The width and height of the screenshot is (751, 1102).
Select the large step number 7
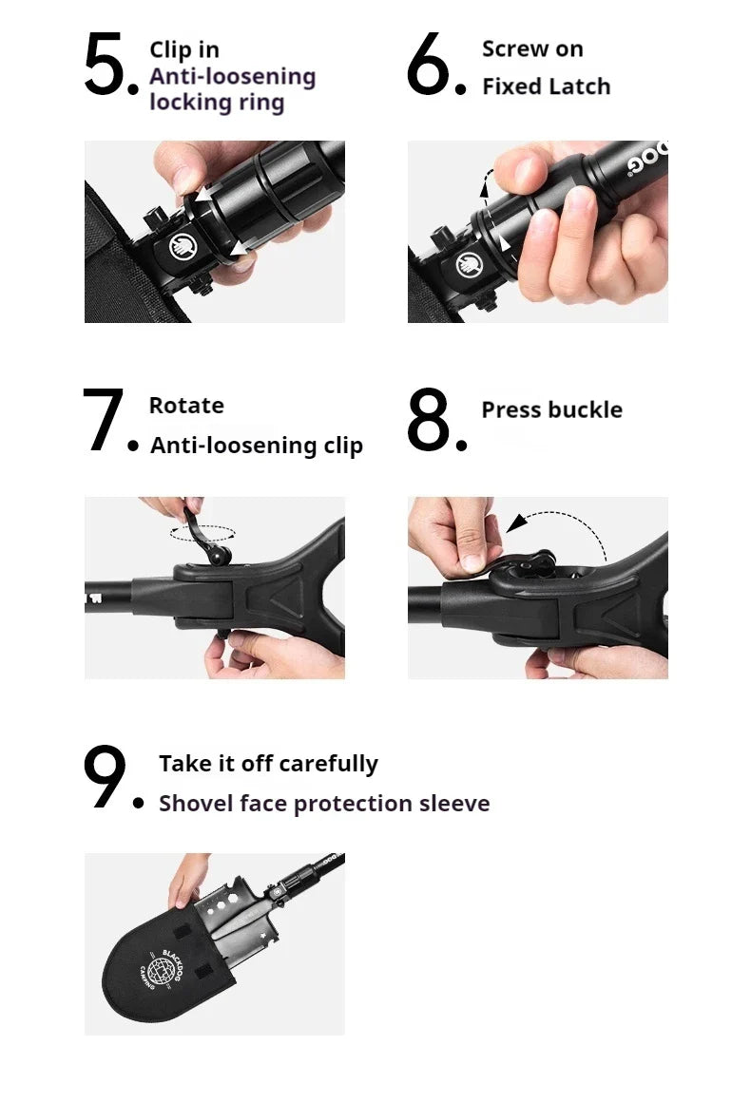click(x=105, y=421)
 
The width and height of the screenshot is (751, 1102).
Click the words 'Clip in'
click(x=183, y=50)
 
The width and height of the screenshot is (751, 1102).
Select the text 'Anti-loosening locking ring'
click(x=231, y=89)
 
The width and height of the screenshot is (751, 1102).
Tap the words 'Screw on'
click(x=532, y=49)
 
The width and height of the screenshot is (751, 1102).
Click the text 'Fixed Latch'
click(x=546, y=86)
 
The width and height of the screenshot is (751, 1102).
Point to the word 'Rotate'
click(x=186, y=406)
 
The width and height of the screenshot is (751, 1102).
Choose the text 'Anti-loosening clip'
click(x=257, y=446)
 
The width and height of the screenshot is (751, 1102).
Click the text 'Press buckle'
click(x=551, y=410)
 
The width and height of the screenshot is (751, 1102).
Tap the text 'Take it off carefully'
click(x=268, y=764)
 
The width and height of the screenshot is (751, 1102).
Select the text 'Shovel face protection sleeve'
click(x=324, y=804)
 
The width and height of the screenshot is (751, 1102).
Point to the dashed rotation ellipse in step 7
click(x=202, y=533)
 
